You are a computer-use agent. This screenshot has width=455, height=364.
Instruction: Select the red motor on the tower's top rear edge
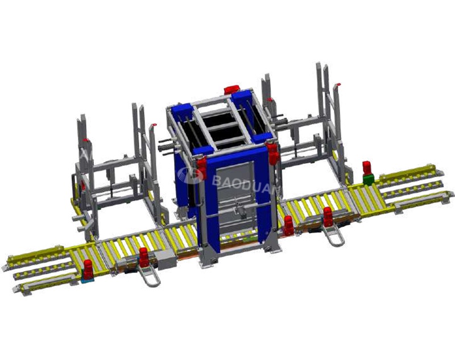pyautogui.click(x=231, y=90)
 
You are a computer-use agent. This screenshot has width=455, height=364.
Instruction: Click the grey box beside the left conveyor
pyautogui.click(x=164, y=261)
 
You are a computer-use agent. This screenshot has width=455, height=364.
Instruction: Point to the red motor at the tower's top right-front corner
pyautogui.click(x=273, y=154)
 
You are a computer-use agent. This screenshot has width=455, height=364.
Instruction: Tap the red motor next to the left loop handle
pyautogui.click(x=144, y=257)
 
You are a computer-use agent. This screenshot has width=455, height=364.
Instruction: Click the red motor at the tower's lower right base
pyautogui.click(x=289, y=225)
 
